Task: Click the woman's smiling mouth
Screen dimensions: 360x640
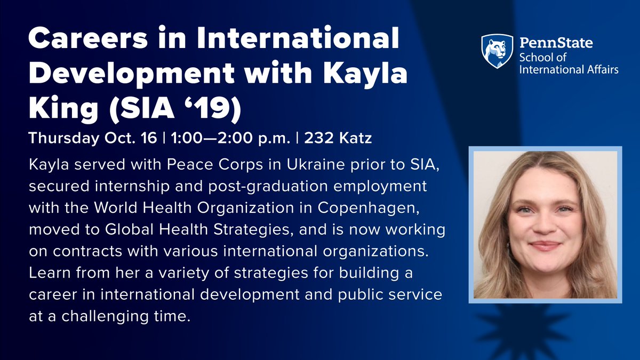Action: click(x=545, y=245)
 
